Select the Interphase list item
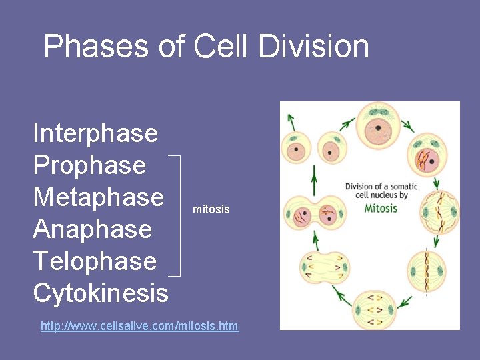tap(95, 133)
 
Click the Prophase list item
tap(89, 165)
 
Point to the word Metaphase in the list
tap(98, 197)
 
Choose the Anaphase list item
tap(93, 229)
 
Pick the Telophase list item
tap(95, 261)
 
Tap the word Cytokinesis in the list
tap(101, 293)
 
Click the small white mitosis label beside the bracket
tap(211, 209)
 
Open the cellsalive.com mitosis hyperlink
tap(139, 326)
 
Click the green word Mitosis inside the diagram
tap(381, 208)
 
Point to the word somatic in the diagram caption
tap(393, 185)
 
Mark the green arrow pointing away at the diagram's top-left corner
tap(291, 119)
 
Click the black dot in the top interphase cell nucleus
tap(378, 127)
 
